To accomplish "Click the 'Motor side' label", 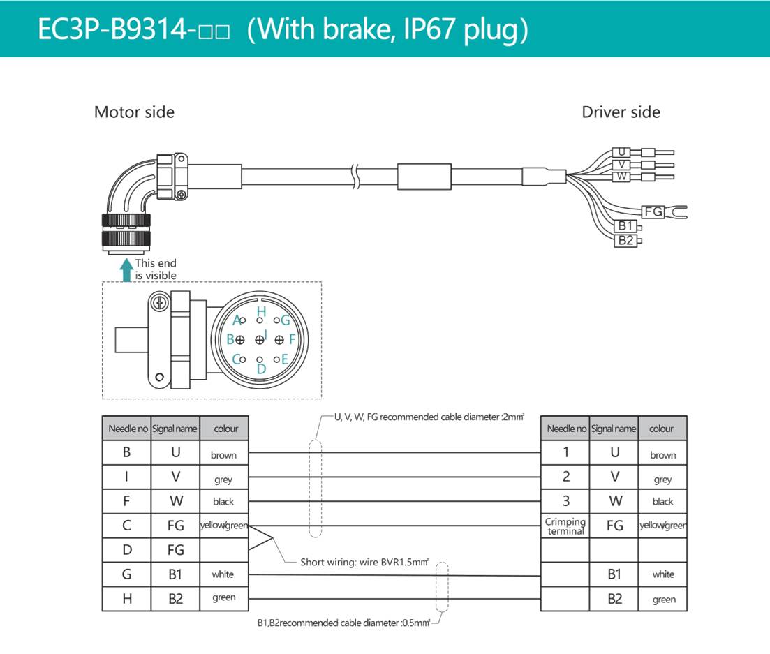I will tap(134, 112).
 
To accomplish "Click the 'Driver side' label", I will tap(621, 112).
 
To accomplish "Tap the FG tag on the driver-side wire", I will tap(653, 211).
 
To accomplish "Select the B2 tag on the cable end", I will tap(625, 241).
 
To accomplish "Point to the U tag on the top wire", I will tap(621, 152).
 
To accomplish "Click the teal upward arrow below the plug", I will tap(126, 269).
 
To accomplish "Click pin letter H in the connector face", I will tap(261, 311).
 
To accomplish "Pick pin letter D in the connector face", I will tap(261, 369).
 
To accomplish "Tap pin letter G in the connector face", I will tap(285, 320).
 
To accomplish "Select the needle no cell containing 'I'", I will tap(126, 477).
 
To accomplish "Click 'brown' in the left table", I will tap(223, 455).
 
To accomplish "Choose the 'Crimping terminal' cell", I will tap(565, 526).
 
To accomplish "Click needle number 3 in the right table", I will tap(565, 500).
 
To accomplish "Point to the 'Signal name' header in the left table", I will tap(175, 429).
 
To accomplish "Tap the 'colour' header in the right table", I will tap(662, 429).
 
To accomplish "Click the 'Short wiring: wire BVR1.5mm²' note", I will tap(364, 561).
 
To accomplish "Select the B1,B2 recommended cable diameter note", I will tap(342, 623).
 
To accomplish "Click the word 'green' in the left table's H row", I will tap(223, 597).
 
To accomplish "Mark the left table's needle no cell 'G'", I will tap(126, 574).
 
